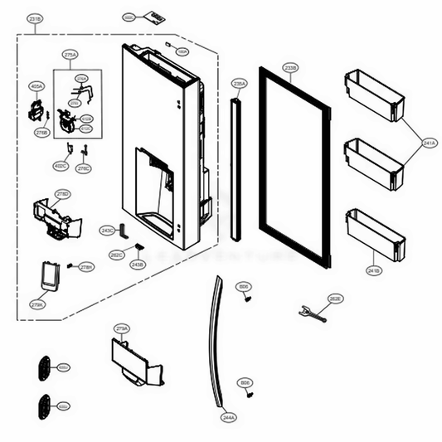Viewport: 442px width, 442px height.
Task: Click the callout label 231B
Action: point(35,17)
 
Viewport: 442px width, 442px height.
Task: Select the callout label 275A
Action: point(70,55)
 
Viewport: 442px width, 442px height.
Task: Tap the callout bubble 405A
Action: point(36,85)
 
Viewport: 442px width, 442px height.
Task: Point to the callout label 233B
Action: point(289,67)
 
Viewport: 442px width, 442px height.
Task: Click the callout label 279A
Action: point(122,329)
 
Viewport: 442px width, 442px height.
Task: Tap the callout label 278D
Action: point(63,194)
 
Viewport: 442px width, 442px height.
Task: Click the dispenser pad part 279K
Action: point(49,276)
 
